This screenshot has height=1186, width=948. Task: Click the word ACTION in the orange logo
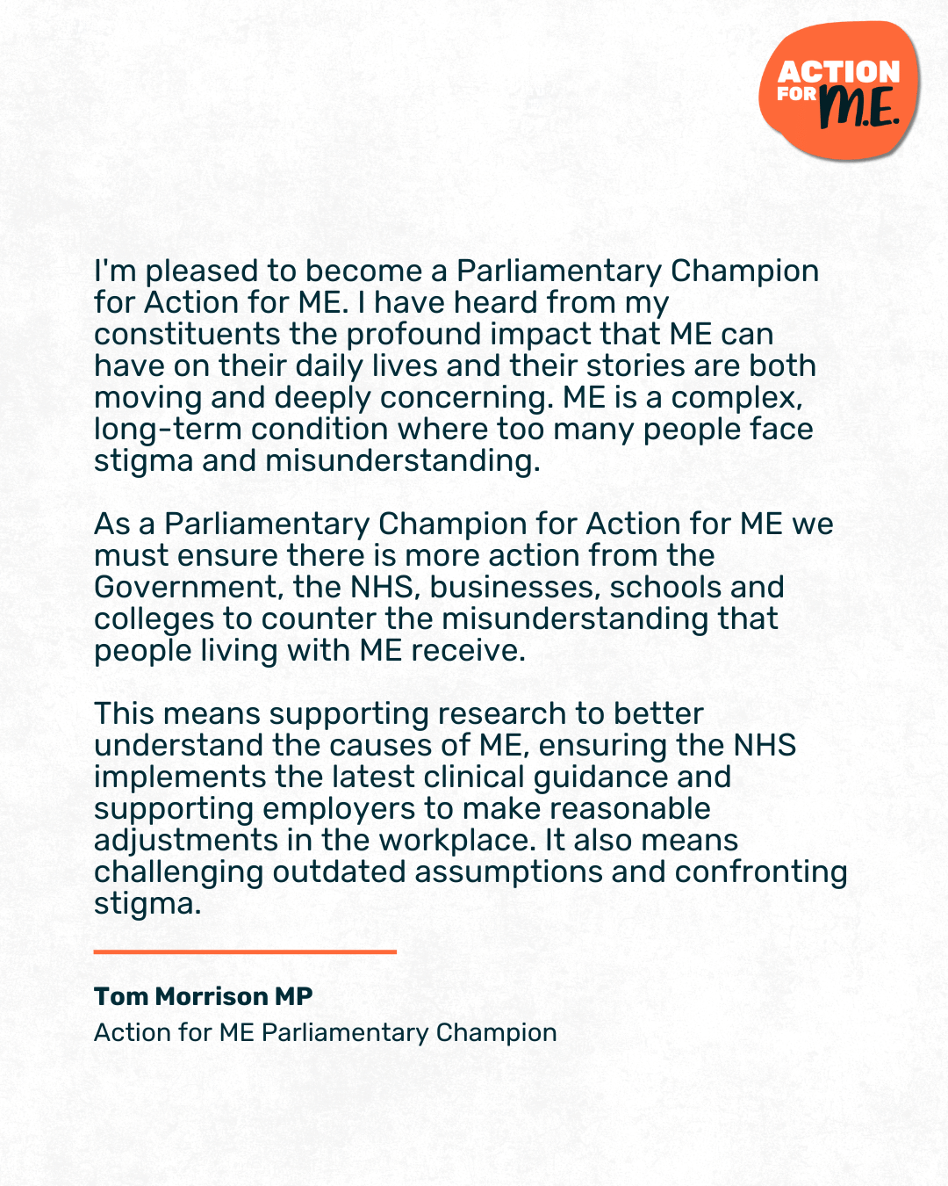[x=838, y=71]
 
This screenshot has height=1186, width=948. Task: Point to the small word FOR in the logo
[x=796, y=94]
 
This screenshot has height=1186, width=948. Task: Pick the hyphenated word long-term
[x=168, y=430]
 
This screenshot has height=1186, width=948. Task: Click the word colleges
[x=154, y=619]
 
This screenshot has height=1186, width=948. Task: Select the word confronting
[x=761, y=872]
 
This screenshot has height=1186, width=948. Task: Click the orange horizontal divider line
[x=245, y=951]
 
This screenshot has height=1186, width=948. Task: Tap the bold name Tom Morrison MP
[x=204, y=996]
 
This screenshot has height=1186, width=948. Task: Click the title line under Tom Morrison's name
[x=325, y=1032]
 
